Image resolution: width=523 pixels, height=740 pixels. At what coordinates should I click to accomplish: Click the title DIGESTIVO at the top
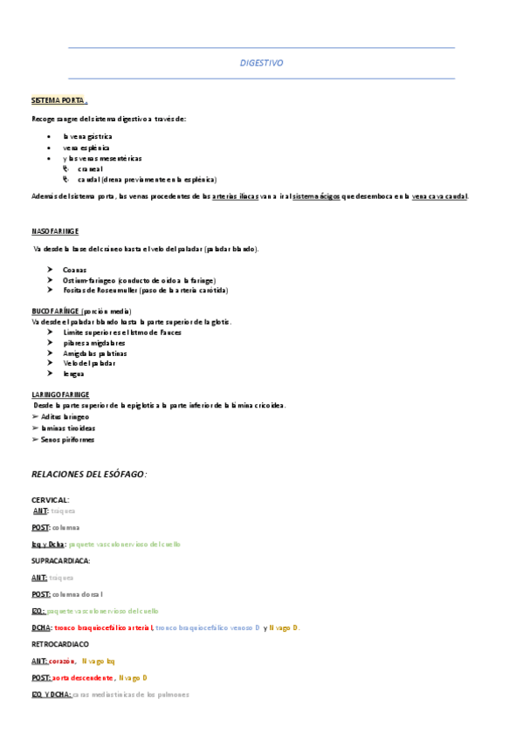[x=261, y=63]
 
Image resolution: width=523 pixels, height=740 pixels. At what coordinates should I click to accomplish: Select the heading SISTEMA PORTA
[x=57, y=101]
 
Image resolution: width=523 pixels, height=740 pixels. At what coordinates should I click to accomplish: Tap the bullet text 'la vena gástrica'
[x=87, y=137]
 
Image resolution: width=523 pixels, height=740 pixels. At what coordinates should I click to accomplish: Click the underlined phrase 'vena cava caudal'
[x=439, y=196]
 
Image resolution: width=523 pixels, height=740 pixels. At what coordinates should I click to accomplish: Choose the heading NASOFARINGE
[x=55, y=231]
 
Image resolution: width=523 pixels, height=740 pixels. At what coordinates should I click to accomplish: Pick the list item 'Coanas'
[x=74, y=270]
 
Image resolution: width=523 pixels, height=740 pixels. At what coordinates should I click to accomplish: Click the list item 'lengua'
[x=73, y=373]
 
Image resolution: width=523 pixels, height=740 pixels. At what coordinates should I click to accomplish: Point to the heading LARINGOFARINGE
[x=60, y=394]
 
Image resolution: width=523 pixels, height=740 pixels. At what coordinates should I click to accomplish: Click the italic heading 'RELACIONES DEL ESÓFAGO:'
[x=89, y=474]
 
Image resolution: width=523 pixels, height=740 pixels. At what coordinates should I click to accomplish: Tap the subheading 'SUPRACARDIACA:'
[x=61, y=560]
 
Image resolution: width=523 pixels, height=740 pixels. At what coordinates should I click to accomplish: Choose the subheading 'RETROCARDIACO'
[x=60, y=643]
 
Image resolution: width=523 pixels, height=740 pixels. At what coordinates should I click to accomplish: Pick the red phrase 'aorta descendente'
[x=83, y=677]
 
